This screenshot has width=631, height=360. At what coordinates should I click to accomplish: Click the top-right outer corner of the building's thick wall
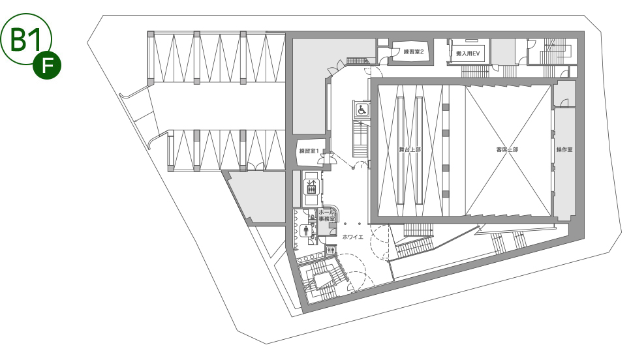pos(584,31)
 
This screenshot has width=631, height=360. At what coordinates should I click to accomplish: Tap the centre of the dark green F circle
pos(47,65)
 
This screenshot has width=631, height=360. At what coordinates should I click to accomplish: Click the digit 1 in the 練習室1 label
pos(317,151)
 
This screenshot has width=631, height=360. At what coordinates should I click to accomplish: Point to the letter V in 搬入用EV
pos(477,53)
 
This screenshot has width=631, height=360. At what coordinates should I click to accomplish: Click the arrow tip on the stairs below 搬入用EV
pos(489,71)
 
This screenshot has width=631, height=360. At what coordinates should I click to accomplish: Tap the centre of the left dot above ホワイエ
pos(345,224)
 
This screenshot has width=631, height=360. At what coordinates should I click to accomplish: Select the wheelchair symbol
pos(362,109)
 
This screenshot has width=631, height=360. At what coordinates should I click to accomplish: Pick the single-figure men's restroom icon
pos(306,230)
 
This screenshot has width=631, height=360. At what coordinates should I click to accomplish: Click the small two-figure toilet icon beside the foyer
pos(331,250)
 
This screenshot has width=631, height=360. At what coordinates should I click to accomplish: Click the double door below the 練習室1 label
pos(327,159)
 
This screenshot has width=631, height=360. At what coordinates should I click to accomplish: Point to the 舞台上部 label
pos(410,149)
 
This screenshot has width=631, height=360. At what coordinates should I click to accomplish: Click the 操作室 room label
pos(564,149)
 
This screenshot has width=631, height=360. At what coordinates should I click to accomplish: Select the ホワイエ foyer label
pos(353,237)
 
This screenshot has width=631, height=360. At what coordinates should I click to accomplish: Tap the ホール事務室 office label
pos(327,215)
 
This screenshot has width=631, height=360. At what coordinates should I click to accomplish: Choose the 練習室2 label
pos(414,52)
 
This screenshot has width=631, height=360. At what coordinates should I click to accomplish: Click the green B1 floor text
pos(25,40)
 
